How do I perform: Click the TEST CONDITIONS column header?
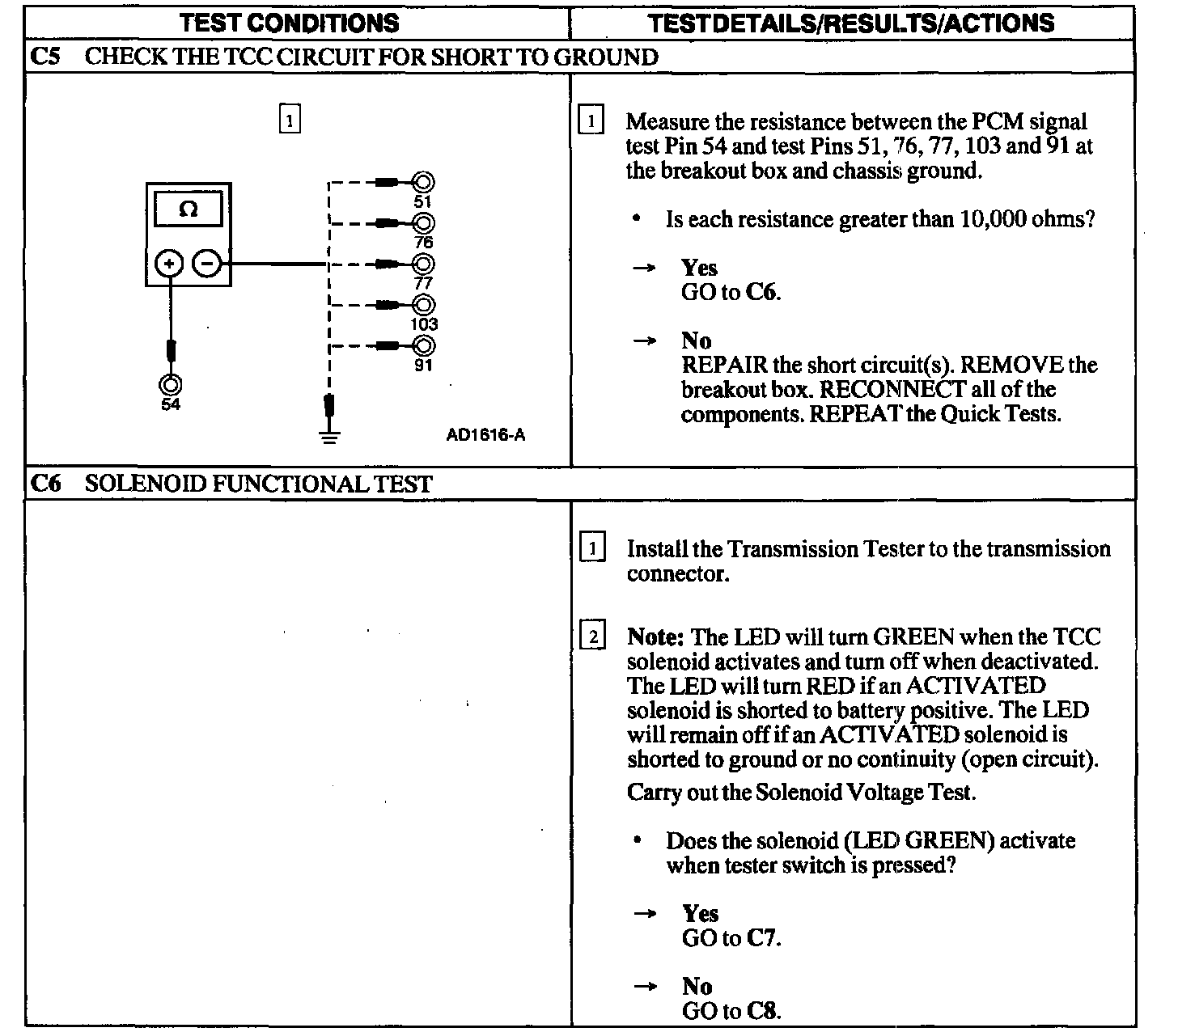coord(289,22)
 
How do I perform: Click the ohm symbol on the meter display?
coord(188,209)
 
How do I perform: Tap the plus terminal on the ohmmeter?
coord(169,264)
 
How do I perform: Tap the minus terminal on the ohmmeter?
coord(208,264)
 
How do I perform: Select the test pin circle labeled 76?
coord(423,223)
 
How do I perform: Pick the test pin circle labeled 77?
coord(423,264)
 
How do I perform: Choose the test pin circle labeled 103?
coord(423,305)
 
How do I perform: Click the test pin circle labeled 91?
coord(423,346)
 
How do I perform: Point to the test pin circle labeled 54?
coord(170,384)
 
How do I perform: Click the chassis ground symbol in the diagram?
coord(328,436)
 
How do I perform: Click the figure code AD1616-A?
coord(485,435)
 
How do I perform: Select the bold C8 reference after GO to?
coord(764,1011)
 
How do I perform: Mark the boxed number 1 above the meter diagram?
coord(289,120)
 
